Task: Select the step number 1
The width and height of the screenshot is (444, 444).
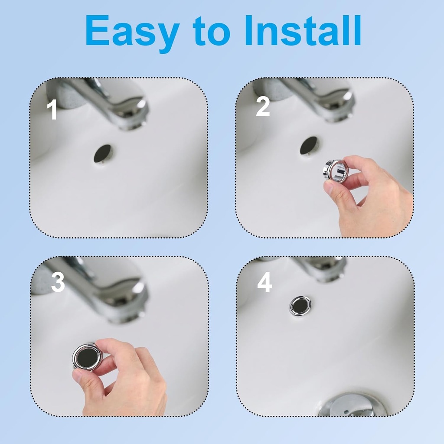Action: click(x=52, y=110)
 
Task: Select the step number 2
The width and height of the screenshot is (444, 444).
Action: click(x=263, y=106)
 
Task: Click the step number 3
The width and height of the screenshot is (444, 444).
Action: click(x=58, y=283)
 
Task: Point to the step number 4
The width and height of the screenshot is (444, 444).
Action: click(x=264, y=282)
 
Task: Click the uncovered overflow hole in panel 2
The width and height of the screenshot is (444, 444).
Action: click(x=309, y=146)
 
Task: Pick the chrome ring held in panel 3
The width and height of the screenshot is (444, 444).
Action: click(x=87, y=356)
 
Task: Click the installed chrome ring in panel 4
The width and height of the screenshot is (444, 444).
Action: click(x=300, y=306)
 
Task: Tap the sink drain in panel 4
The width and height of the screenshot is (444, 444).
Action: click(x=352, y=405)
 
